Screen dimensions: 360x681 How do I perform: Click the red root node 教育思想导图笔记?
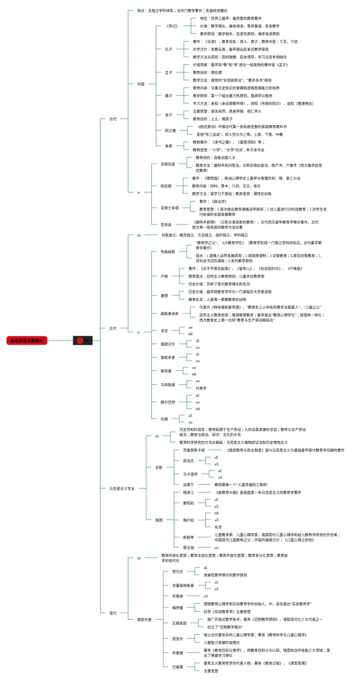click(x=27, y=340)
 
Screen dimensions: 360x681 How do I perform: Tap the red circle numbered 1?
click(x=80, y=340)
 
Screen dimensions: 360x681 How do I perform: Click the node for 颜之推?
click(x=170, y=131)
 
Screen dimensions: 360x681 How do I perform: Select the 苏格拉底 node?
click(x=160, y=164)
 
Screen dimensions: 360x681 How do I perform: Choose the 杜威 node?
click(x=164, y=418)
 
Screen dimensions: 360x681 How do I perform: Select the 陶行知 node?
click(x=172, y=520)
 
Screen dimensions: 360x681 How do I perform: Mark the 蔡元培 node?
click(x=172, y=547)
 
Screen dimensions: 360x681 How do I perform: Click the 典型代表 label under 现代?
click(x=145, y=620)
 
